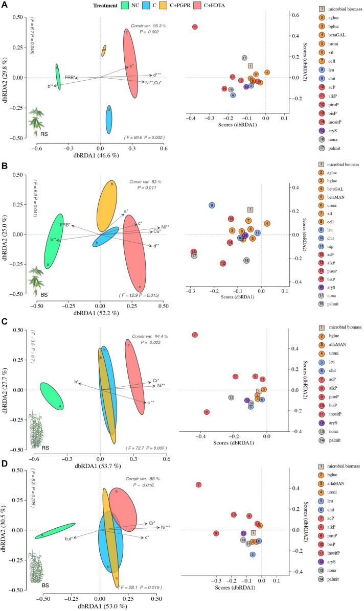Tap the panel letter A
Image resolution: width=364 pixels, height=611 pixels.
5,5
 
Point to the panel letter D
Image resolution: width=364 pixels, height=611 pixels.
5,464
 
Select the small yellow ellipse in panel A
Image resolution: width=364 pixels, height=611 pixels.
104,50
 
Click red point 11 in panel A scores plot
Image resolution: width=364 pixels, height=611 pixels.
195,27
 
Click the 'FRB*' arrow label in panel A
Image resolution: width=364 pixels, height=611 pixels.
70,77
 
